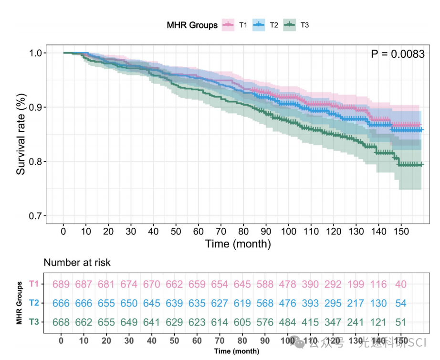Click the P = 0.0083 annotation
point(398,54)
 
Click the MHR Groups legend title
point(192,25)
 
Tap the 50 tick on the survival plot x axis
point(176,231)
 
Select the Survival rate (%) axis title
point(21,134)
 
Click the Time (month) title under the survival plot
point(238,244)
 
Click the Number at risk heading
point(77,262)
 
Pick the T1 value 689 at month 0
point(61,284)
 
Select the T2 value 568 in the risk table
point(266,303)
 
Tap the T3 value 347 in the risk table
point(333,322)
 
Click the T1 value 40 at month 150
point(401,284)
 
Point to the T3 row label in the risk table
point(33,322)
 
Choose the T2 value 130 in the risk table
point(378,303)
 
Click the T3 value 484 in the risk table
point(287,322)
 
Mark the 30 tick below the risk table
point(129,340)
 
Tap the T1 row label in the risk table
point(33,284)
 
